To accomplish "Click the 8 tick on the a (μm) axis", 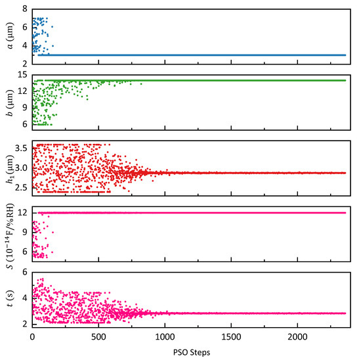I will pyautogui.click(x=24, y=9).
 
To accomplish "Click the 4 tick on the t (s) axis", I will pyautogui.click(x=24, y=298).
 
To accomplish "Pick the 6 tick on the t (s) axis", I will pyautogui.click(x=24, y=271).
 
